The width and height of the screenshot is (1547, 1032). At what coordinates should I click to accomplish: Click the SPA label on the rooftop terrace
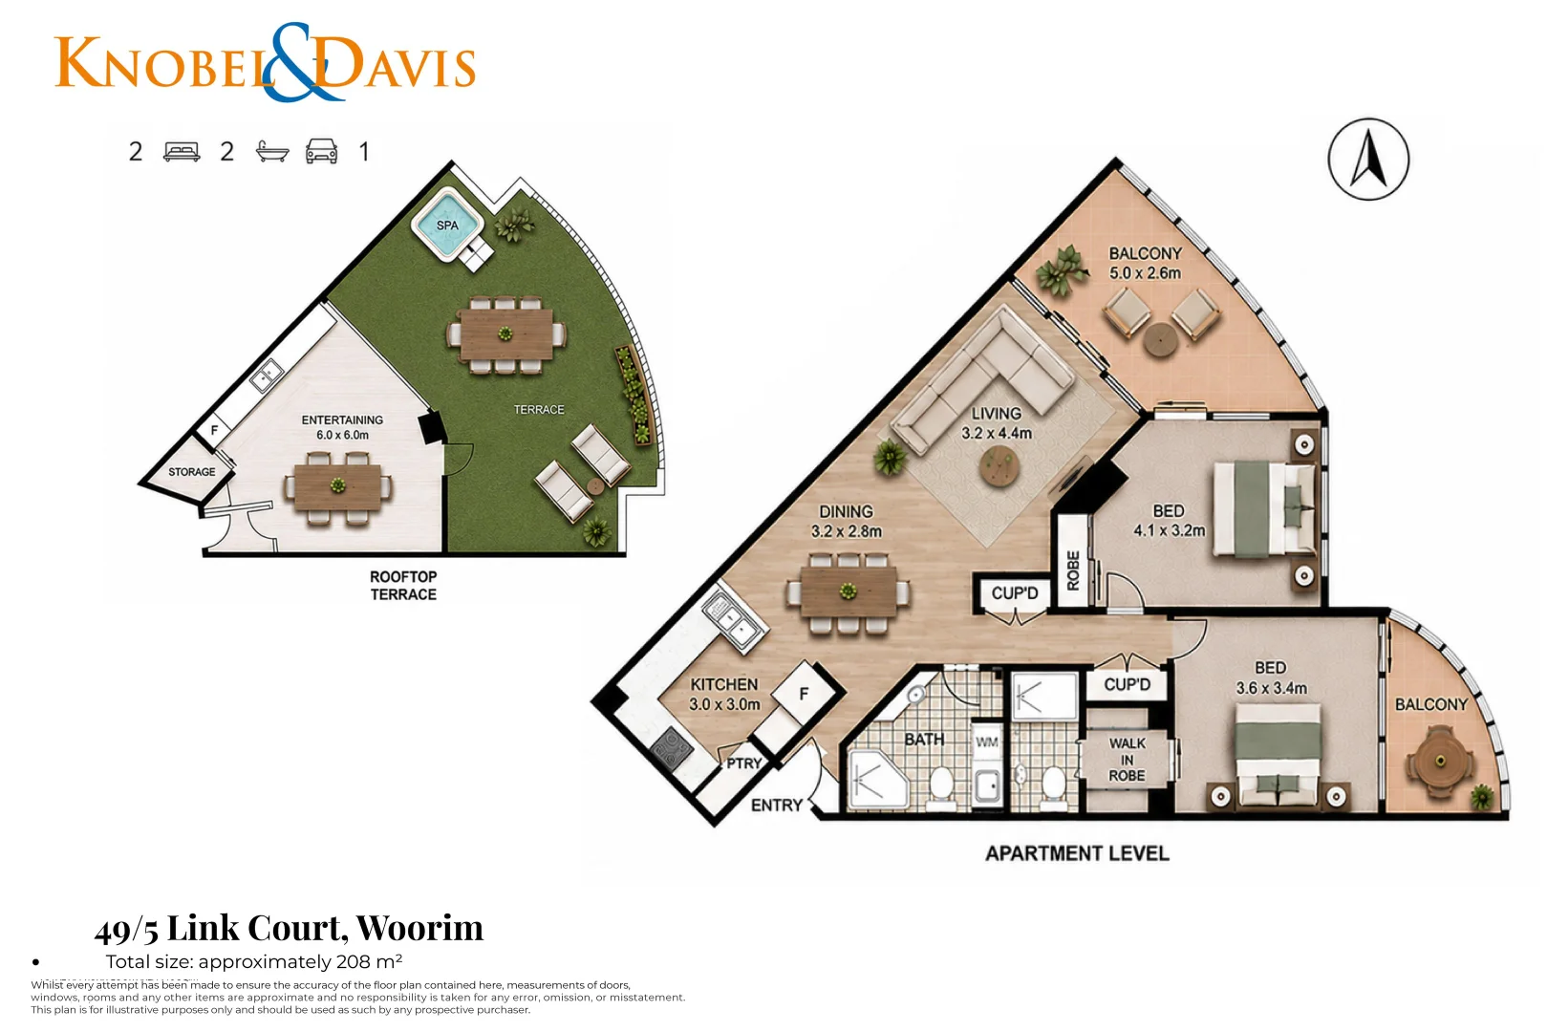pos(447,226)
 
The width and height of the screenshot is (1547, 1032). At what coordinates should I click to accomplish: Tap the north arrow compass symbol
pos(1368,159)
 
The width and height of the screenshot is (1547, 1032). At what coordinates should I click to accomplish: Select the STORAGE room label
pos(192,472)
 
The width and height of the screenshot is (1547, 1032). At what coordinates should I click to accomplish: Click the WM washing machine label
pos(987,742)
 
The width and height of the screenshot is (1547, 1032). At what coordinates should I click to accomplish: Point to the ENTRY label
pos(776,805)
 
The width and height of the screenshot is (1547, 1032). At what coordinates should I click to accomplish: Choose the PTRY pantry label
pos(743,763)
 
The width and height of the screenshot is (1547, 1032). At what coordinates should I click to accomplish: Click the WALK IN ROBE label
pos(1128,759)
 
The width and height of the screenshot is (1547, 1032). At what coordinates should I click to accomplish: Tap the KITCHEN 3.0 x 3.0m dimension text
pos(724,695)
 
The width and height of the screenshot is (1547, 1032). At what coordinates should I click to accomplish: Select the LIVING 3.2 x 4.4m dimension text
pos(997,422)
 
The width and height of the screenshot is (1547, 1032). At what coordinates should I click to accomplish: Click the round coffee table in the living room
pos(999,466)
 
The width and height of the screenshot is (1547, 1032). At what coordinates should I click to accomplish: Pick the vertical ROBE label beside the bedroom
pos(1072,570)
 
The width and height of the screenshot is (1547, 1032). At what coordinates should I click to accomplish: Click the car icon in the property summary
pos(322,151)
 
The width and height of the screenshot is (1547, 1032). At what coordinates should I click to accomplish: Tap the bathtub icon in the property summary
pos(272,151)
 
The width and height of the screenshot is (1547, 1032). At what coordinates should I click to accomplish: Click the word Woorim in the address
pos(419,927)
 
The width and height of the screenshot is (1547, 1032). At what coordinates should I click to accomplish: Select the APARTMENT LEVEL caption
pos(1077,853)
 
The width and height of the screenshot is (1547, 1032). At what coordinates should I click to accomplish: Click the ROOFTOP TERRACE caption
pos(403,585)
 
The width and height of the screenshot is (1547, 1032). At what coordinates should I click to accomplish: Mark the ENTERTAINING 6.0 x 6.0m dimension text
pos(342,427)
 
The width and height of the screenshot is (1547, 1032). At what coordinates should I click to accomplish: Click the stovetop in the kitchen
pos(672,747)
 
